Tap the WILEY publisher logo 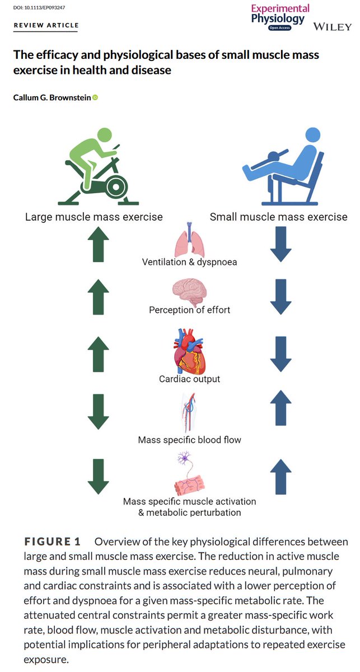coord(332,27)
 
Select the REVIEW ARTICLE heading coord(46,26)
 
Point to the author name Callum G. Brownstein coord(52,98)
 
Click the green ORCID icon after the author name coord(95,98)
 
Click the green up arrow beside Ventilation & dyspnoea coord(98,244)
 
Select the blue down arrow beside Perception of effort coord(280,297)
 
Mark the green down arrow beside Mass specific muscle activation coord(98,476)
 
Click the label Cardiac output coord(189,379)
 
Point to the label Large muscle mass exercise coord(94,217)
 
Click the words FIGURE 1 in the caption coord(53,542)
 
